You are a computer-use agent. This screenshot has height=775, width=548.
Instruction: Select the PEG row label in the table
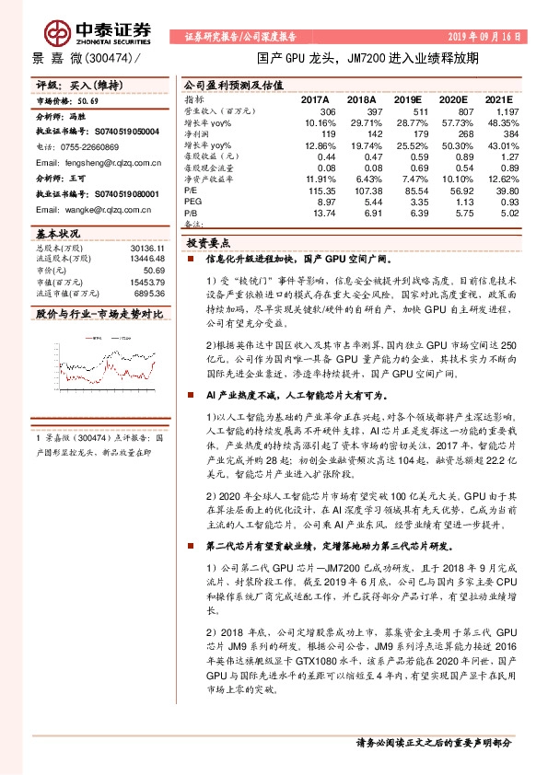[193, 200]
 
